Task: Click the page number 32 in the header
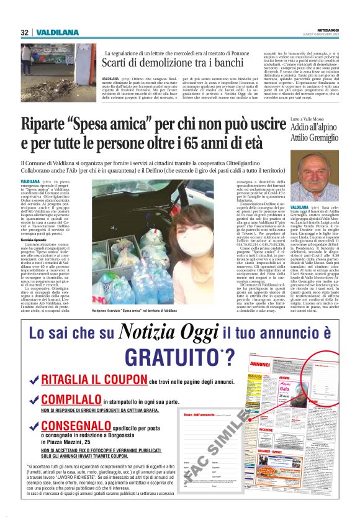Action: click(25, 32)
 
